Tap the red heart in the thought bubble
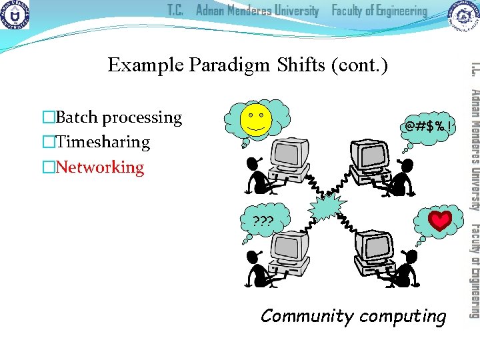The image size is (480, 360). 440,221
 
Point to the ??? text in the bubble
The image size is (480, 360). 263,221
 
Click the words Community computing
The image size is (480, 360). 353,315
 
